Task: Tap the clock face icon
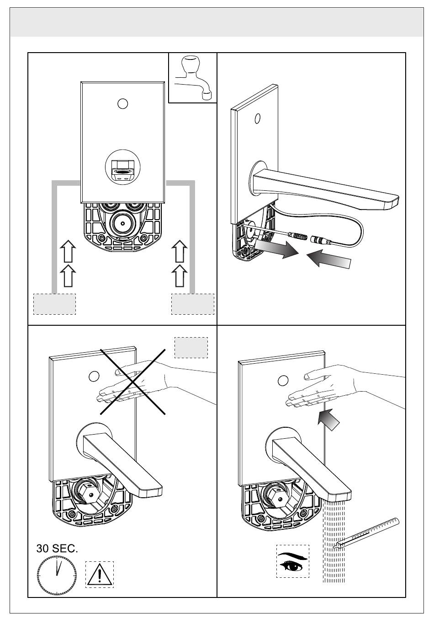coord(57,575)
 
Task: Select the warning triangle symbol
coord(99,574)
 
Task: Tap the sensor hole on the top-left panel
coord(122,104)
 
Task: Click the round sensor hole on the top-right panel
coord(258,118)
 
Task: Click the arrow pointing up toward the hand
coord(328,420)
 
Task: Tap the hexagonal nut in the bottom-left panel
coord(88,493)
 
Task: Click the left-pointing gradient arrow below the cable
coord(328,258)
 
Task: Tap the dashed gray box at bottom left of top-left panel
coord(54,304)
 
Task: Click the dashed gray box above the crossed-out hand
coord(191,348)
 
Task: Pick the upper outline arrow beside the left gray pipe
coord(68,251)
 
